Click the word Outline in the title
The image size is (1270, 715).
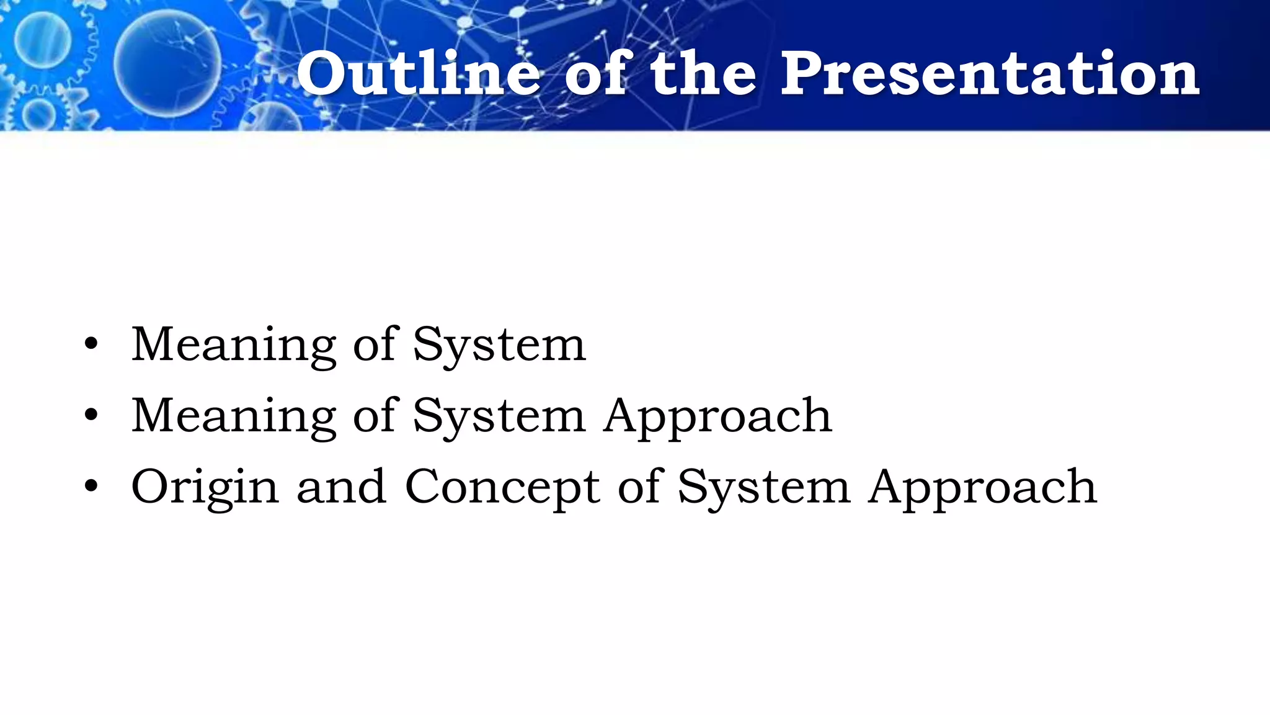(419, 74)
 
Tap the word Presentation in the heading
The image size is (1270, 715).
(989, 74)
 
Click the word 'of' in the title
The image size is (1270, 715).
(598, 74)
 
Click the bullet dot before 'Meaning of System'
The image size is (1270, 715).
(91, 345)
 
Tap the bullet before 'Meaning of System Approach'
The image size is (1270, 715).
(91, 416)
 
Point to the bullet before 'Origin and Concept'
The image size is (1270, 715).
(91, 487)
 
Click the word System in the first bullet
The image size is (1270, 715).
(499, 345)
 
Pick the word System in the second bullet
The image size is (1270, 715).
(499, 416)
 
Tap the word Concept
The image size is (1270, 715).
(502, 487)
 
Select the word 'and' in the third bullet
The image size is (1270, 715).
(342, 487)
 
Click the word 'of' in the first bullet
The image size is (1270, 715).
(374, 345)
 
